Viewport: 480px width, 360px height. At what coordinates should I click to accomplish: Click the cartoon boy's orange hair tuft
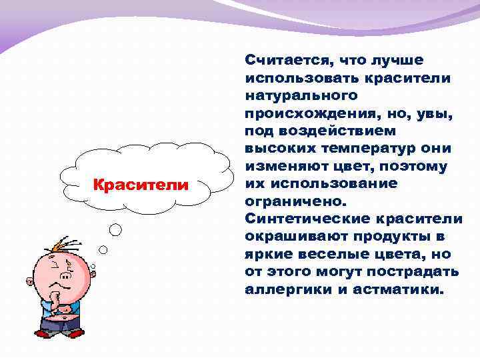[x=61, y=243]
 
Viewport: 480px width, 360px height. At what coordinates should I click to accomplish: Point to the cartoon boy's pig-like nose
[x=65, y=275]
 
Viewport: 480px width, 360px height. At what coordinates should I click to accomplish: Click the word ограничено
[x=296, y=201]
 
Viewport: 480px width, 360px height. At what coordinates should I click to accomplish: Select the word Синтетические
[x=307, y=218]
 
